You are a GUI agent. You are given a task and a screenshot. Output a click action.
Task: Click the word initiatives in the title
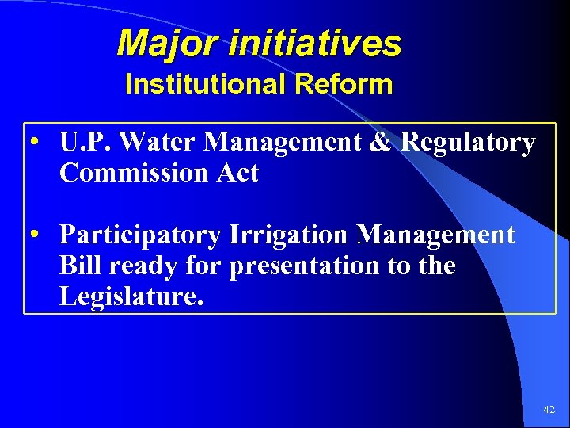(314, 44)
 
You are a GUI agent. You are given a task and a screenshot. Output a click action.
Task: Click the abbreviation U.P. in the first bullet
(87, 143)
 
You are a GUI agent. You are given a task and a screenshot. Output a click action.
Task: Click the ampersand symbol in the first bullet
(381, 143)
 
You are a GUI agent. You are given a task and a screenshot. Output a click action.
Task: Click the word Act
(240, 173)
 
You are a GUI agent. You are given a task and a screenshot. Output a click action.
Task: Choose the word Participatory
(140, 236)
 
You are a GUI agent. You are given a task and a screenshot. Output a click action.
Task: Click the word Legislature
(131, 297)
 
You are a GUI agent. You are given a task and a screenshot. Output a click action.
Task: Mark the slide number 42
(549, 410)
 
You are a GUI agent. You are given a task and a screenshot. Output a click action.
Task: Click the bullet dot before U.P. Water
(36, 143)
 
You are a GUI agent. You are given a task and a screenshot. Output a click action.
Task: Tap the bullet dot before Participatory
(36, 235)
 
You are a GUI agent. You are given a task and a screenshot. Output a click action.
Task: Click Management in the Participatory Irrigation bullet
(435, 236)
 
